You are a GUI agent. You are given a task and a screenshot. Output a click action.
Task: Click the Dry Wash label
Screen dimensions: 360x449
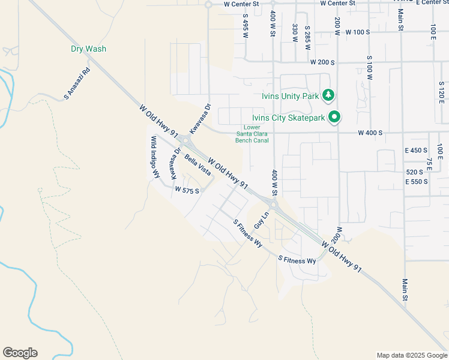[x=88, y=49]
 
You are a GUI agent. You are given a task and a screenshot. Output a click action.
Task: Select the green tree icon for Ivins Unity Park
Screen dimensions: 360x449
[x=328, y=95]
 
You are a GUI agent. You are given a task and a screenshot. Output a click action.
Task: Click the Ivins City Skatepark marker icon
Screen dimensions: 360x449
[x=336, y=118]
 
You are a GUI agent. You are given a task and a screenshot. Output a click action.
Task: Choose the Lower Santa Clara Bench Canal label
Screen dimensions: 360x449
[x=252, y=133]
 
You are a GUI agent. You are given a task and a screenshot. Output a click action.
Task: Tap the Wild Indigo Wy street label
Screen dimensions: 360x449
[x=155, y=157]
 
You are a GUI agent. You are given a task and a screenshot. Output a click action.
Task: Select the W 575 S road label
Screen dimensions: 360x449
[x=187, y=189]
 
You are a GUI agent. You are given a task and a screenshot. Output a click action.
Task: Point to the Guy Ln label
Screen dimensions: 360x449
[x=259, y=219]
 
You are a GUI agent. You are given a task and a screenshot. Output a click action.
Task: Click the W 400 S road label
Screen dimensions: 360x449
[x=370, y=133]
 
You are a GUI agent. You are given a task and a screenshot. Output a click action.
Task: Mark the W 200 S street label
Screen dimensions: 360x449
[x=322, y=62]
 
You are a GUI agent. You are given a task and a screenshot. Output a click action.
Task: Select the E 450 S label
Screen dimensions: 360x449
[x=416, y=150]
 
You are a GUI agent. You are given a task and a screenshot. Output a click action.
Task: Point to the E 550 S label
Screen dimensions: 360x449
[x=417, y=181]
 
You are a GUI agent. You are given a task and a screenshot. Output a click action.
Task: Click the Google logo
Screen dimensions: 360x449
[x=20, y=353]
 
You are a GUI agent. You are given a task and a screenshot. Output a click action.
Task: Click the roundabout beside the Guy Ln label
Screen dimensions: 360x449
[x=273, y=206]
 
